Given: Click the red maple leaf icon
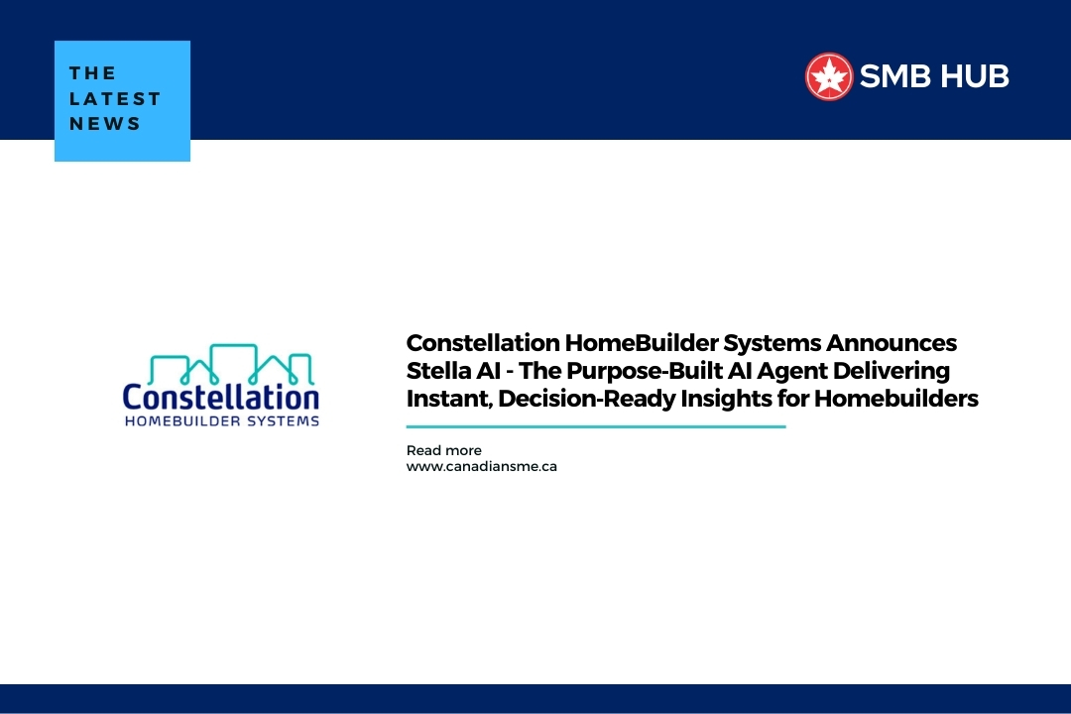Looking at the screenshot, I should (x=829, y=76).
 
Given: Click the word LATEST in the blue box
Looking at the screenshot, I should (x=115, y=99).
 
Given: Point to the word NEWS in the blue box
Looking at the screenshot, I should (x=105, y=125).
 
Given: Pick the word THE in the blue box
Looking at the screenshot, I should (x=93, y=73).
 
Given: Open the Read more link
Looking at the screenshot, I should (x=443, y=450).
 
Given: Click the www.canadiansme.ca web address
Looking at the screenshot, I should (x=481, y=466).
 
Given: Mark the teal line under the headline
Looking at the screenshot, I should (x=595, y=426).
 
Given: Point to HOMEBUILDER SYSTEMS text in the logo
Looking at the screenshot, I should (x=220, y=420).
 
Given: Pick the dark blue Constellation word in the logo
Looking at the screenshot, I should (x=220, y=397).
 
